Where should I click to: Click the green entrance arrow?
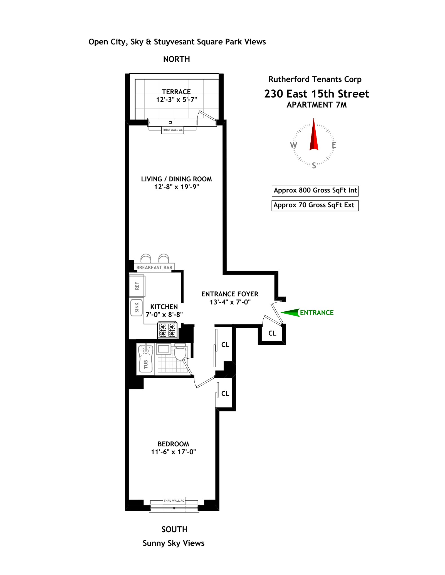click(290, 312)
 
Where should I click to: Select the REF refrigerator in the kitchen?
click(137, 286)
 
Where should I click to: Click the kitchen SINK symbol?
click(137, 307)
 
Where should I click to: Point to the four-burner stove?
click(167, 330)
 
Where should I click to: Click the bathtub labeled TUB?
click(146, 358)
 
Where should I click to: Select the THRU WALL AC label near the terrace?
click(172, 130)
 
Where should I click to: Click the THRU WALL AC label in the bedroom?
click(174, 501)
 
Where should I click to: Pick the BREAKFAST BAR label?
click(154, 267)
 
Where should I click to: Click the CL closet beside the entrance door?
click(272, 333)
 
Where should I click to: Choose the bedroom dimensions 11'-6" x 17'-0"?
click(173, 452)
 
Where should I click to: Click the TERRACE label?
click(176, 92)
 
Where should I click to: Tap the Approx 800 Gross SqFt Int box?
click(315, 191)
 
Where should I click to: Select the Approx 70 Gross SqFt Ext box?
click(315, 205)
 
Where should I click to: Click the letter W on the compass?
click(294, 145)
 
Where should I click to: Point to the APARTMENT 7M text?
click(317, 105)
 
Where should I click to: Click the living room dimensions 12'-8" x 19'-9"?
click(177, 187)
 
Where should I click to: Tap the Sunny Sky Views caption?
click(174, 543)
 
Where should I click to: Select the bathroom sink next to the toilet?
click(164, 349)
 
